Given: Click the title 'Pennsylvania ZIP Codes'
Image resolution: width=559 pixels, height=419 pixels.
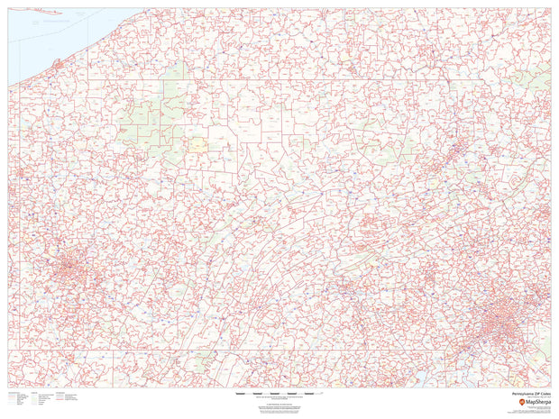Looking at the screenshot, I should [527, 394].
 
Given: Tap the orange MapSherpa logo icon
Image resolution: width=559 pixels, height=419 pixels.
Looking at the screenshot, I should [511, 401].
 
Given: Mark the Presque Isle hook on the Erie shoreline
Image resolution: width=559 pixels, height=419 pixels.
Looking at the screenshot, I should [57, 64].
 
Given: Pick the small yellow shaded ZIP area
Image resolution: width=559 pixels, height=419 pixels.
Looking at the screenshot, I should [196, 142].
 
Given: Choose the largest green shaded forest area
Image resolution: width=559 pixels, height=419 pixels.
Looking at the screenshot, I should [144, 117].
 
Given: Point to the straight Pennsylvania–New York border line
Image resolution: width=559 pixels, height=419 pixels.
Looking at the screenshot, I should [316, 81].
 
